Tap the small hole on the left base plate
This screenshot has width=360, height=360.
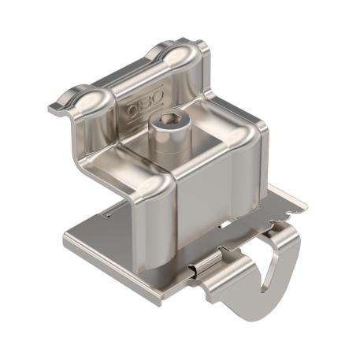point(106,211)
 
